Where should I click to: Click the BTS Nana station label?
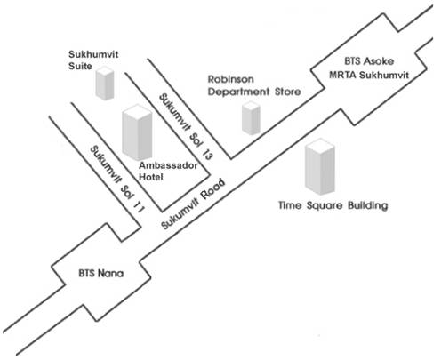pyautogui.click(x=101, y=273)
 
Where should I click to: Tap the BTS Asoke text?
pyautogui.click(x=369, y=61)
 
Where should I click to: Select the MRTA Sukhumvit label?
pyautogui.click(x=369, y=75)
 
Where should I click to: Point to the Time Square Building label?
pyautogui.click(x=333, y=205)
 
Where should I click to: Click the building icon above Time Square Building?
pyautogui.click(x=320, y=166)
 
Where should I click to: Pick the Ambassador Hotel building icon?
pyautogui.click(x=137, y=132)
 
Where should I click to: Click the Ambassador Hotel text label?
pyautogui.click(x=168, y=171)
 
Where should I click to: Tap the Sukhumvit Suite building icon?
pyautogui.click(x=105, y=83)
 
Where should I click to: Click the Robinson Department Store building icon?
pyautogui.click(x=251, y=117)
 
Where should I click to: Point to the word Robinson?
pyautogui.click(x=231, y=79)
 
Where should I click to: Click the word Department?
pyautogui.click(x=238, y=92)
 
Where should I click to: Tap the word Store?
pyautogui.click(x=288, y=92)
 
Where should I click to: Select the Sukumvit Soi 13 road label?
pyautogui.click(x=186, y=126)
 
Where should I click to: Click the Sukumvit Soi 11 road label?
pyautogui.click(x=117, y=179)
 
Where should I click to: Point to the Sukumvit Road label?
pyautogui.click(x=193, y=204)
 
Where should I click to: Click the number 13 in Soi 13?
pyautogui.click(x=207, y=154)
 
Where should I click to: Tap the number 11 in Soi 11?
pyautogui.click(x=139, y=206)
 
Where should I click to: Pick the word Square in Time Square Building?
pyautogui.click(x=325, y=206)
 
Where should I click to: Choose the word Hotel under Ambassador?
pyautogui.click(x=151, y=177)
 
